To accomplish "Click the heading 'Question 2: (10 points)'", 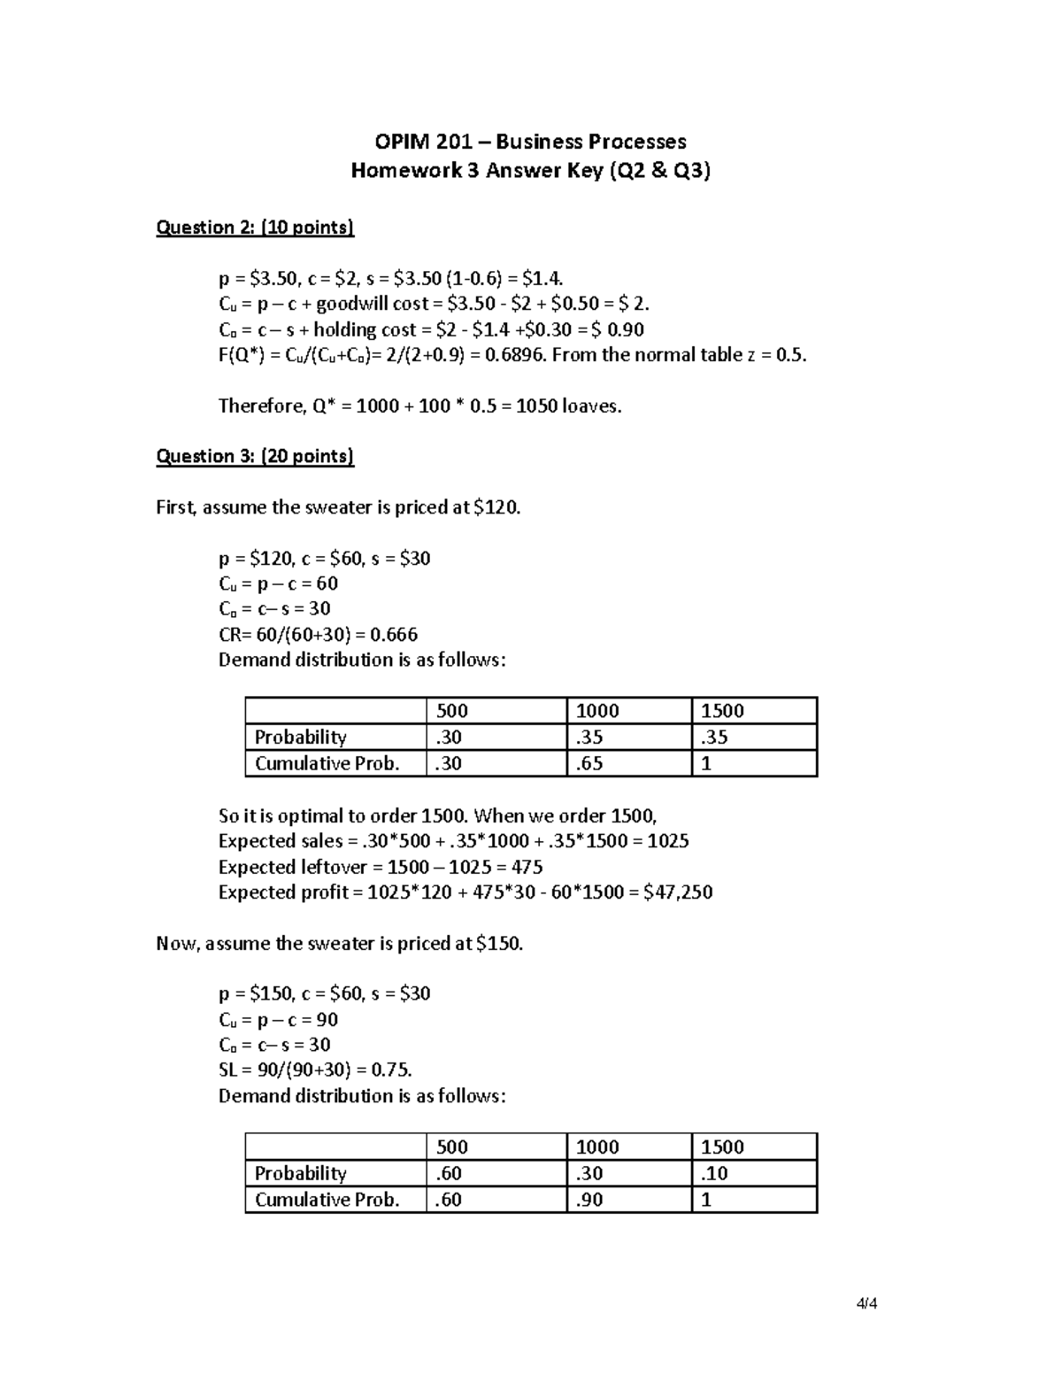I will pyautogui.click(x=255, y=228).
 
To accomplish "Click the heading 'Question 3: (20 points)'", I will pyautogui.click(x=255, y=456).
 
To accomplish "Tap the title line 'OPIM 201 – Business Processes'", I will pyautogui.click(x=530, y=142).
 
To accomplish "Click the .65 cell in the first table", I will pyautogui.click(x=589, y=763).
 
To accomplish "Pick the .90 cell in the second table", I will pyautogui.click(x=589, y=1200).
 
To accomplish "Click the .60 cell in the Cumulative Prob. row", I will pyautogui.click(x=450, y=1200).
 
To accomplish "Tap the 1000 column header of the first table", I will pyautogui.click(x=597, y=711).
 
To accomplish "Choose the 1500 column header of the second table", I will pyautogui.click(x=722, y=1147).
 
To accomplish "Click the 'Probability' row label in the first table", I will pyautogui.click(x=300, y=737).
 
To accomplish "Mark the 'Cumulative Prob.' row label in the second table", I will pyautogui.click(x=327, y=1200).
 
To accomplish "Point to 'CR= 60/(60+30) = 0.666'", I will pyautogui.click(x=318, y=634).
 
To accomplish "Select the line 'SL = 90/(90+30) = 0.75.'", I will pyautogui.click(x=315, y=1070).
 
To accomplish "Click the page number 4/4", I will pyautogui.click(x=866, y=1303).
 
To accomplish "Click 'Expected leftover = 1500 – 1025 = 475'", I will pyautogui.click(x=381, y=867).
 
